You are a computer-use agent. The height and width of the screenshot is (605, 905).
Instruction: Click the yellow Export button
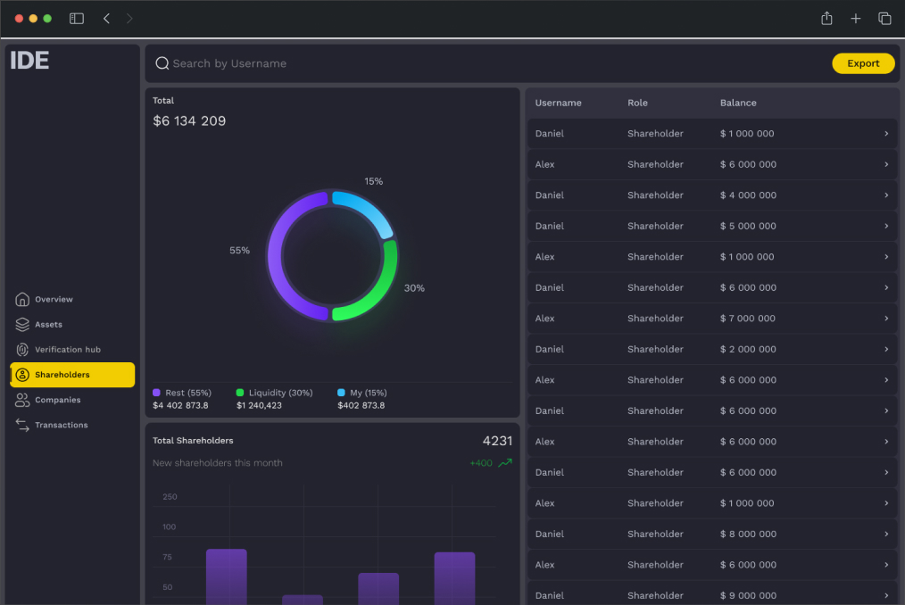tap(863, 63)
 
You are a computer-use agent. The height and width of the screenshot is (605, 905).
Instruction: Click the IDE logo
tap(29, 61)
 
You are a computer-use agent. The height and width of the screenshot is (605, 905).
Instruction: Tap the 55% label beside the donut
tap(239, 251)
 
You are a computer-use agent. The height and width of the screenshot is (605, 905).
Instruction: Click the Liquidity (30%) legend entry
tap(275, 393)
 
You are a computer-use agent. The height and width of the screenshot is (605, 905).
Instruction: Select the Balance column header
tap(738, 103)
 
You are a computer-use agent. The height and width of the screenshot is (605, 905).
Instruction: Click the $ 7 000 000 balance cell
tap(747, 318)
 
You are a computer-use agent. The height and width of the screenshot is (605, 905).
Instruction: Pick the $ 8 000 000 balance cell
tap(748, 534)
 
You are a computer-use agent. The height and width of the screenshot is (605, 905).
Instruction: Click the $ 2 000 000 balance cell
tap(748, 349)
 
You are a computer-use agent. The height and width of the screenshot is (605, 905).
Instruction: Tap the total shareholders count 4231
tap(497, 441)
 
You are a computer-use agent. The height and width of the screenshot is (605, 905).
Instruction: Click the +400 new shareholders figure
tap(481, 463)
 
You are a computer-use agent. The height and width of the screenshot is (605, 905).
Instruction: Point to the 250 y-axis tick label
tap(170, 496)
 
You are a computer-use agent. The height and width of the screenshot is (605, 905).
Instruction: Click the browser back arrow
tap(106, 19)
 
